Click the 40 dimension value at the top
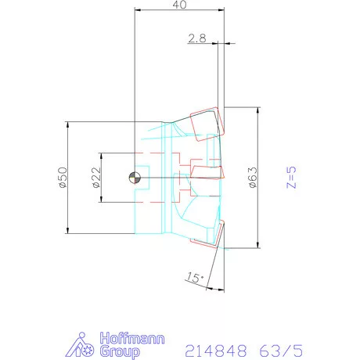pos(180,6)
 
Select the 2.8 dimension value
pos(197,37)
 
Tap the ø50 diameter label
pos(61,178)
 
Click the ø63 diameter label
pos(252,179)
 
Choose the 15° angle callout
pos(194,278)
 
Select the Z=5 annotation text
pos(290,178)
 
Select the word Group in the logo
pos(117,351)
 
